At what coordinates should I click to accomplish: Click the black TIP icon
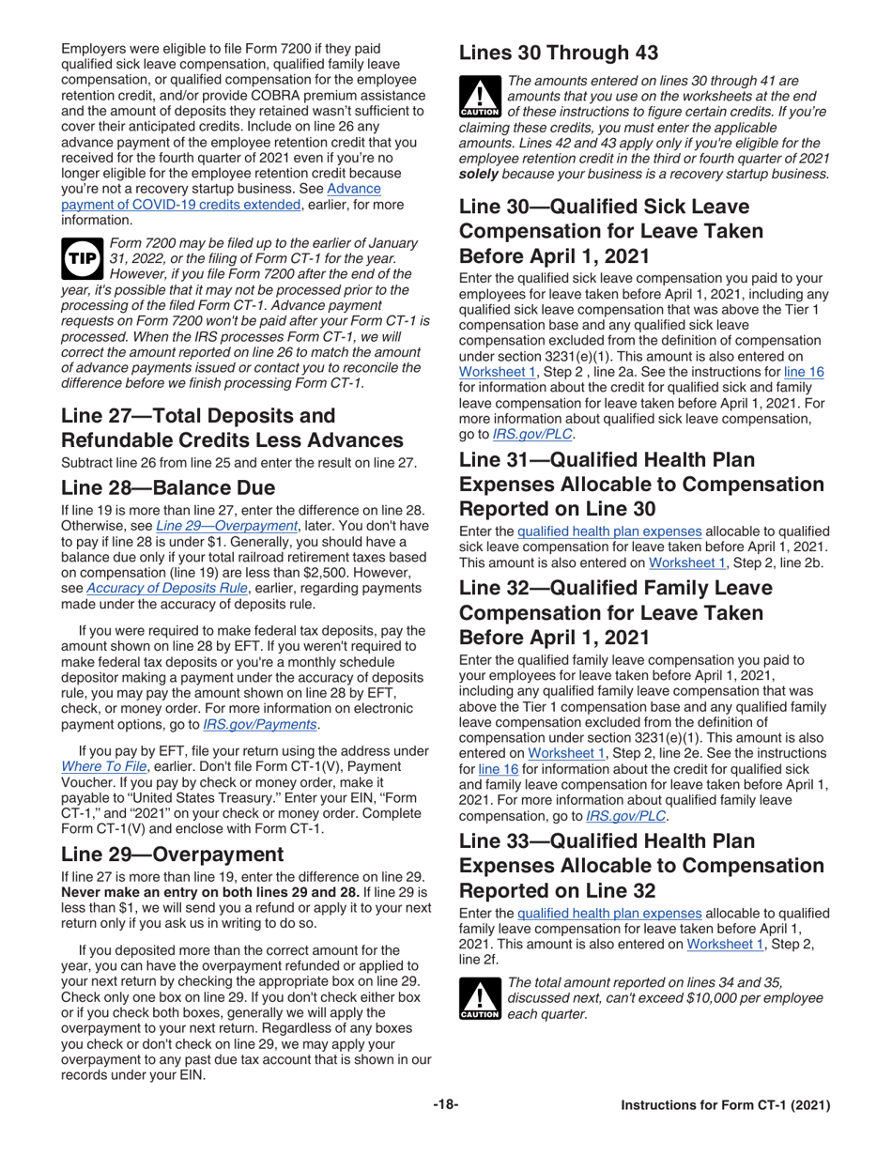click(x=81, y=260)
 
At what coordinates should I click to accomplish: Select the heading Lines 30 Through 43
click(x=559, y=53)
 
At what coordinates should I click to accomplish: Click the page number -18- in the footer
click(x=445, y=1105)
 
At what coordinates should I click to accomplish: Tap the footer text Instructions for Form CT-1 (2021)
click(x=726, y=1105)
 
